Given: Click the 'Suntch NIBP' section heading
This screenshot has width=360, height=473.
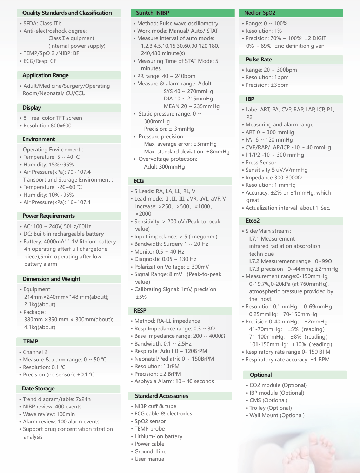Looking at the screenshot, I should click(x=153, y=13).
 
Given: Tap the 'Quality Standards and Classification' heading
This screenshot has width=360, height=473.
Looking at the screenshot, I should click(x=67, y=13).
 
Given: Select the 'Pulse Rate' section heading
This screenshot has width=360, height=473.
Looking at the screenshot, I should click(x=259, y=60).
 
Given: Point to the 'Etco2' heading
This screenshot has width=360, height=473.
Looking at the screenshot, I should click(x=253, y=221).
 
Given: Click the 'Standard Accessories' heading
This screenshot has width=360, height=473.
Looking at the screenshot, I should click(x=161, y=396).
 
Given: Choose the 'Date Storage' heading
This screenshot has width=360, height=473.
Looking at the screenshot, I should click(x=38, y=389).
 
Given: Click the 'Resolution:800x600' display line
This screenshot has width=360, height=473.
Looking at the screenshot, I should click(x=47, y=126).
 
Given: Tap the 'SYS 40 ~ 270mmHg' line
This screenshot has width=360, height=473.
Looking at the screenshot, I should click(x=188, y=91).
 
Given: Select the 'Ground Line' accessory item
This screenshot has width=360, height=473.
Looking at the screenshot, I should click(x=151, y=452).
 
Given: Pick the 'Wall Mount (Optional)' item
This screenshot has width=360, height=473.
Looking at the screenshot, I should click(x=277, y=415).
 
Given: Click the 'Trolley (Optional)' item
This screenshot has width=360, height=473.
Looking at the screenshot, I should click(x=271, y=408).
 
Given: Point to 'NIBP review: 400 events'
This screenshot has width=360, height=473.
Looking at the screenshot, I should click(x=52, y=407).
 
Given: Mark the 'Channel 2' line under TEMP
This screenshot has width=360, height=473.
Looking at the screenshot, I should click(x=35, y=352).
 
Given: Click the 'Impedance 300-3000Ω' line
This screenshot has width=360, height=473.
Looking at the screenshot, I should click(x=274, y=178).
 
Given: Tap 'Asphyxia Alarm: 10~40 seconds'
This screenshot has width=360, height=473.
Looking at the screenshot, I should click(x=174, y=381).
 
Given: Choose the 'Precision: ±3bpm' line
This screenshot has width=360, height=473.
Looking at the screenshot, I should click(x=267, y=85).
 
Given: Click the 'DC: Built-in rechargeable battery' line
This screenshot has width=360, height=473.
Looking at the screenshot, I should click(x=64, y=234).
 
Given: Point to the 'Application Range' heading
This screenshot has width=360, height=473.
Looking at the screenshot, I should click(x=46, y=75).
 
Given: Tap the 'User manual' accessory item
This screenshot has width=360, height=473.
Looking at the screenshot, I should click(x=150, y=459).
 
